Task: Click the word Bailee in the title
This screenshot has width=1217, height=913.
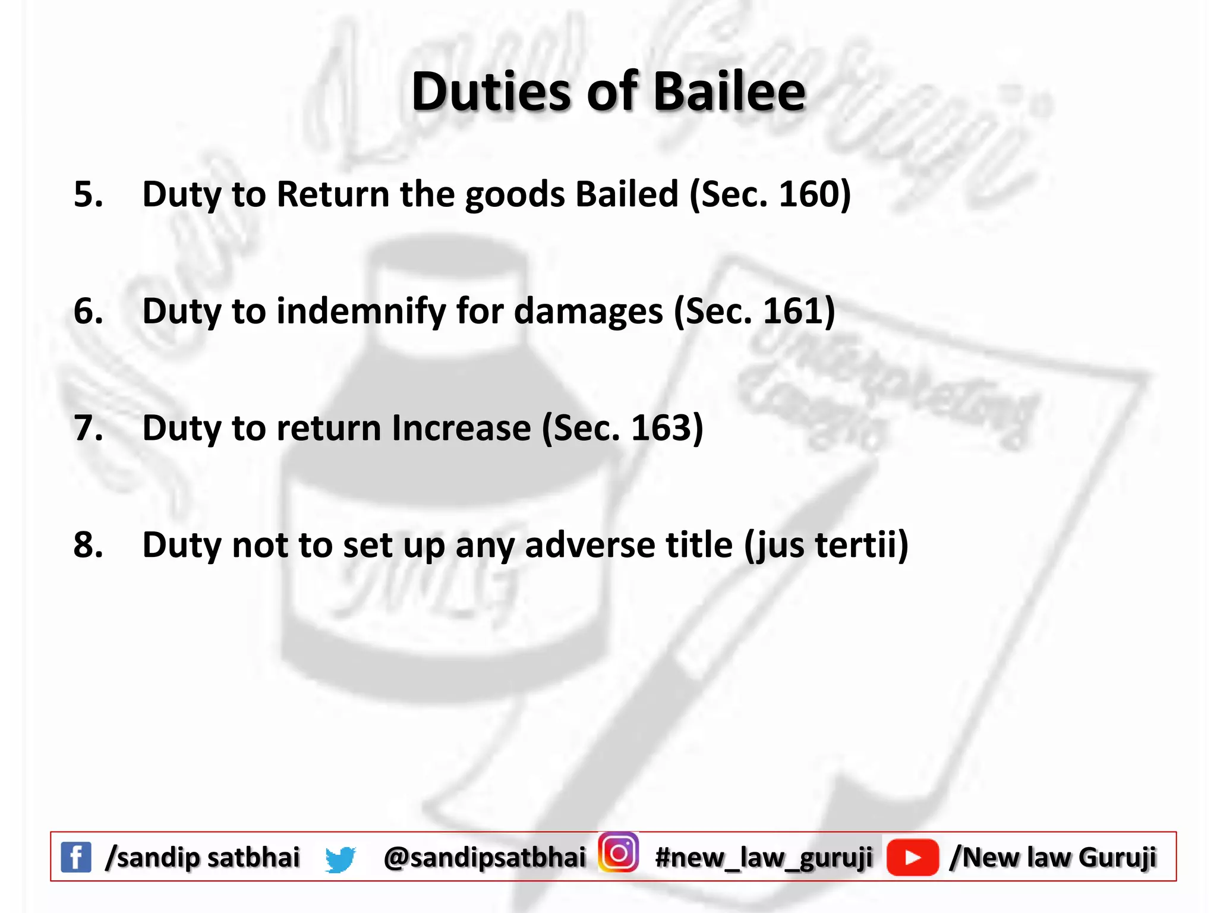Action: coord(729,92)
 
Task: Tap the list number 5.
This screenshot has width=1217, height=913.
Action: coord(88,194)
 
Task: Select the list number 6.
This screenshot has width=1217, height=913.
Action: coord(88,311)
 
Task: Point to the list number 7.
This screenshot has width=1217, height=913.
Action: coord(88,428)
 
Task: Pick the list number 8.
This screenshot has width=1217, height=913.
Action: coord(88,544)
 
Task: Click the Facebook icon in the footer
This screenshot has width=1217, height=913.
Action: coord(76,857)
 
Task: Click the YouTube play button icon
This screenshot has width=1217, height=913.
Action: coord(912,857)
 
